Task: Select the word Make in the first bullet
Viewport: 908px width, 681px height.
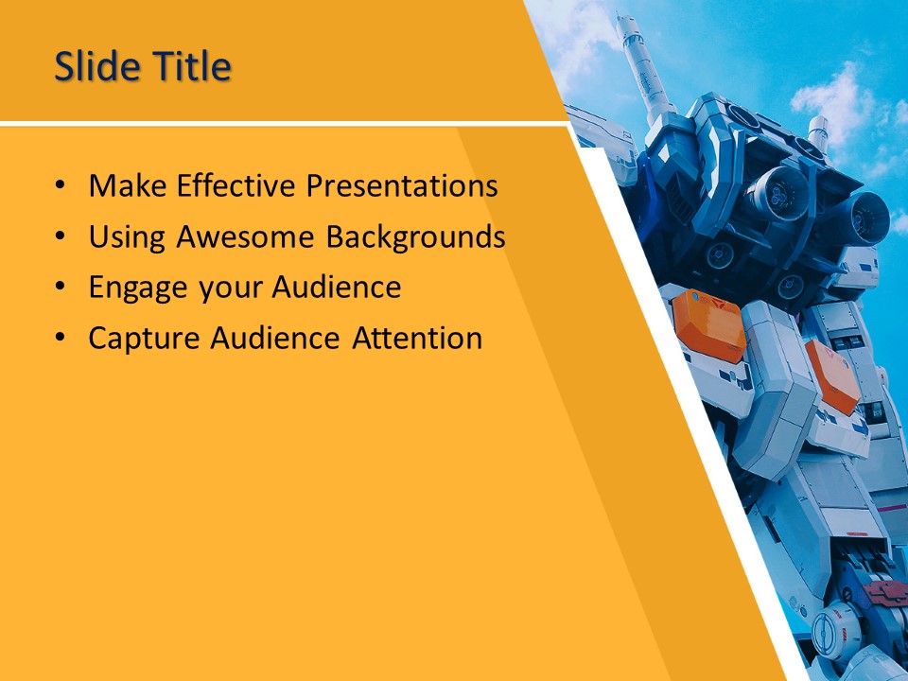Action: click(x=125, y=186)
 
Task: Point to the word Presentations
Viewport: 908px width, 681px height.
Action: click(x=403, y=186)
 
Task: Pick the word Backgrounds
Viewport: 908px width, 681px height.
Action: click(x=415, y=237)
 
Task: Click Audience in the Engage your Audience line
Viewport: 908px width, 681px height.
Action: click(x=337, y=288)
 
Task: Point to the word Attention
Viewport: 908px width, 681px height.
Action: click(x=417, y=338)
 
